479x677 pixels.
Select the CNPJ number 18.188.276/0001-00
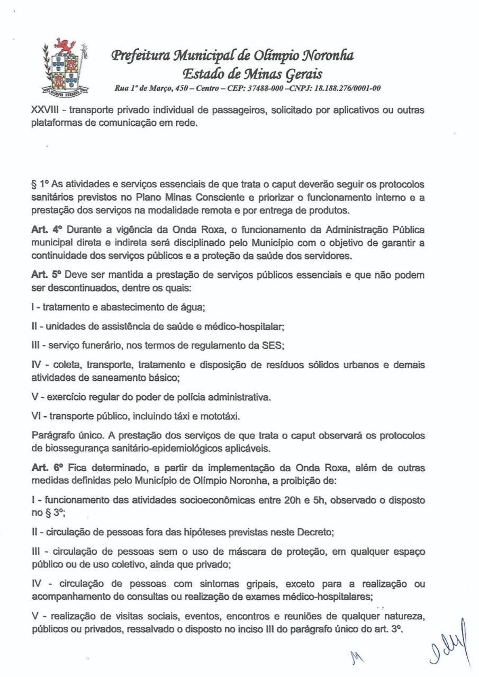[x=344, y=88]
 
